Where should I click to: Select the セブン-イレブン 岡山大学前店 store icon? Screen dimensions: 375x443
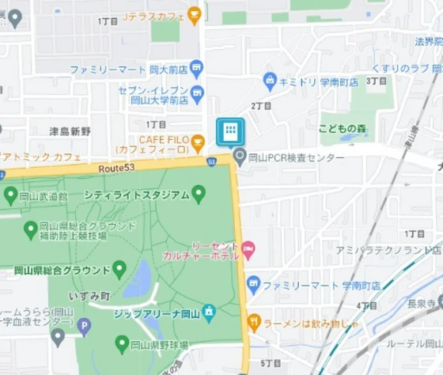(196, 92)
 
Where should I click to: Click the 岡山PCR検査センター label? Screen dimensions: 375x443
(296, 157)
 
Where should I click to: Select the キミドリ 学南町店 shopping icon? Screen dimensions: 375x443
(270, 81)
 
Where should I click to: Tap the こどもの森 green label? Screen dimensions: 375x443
(343, 129)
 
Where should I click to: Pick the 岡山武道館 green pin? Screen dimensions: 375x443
(10, 195)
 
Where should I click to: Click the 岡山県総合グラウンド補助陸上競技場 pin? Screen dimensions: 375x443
(31, 229)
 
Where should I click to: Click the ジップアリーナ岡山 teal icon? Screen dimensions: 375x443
(209, 312)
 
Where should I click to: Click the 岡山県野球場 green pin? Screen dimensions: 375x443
(121, 343)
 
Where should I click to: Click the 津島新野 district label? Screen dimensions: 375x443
(70, 130)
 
